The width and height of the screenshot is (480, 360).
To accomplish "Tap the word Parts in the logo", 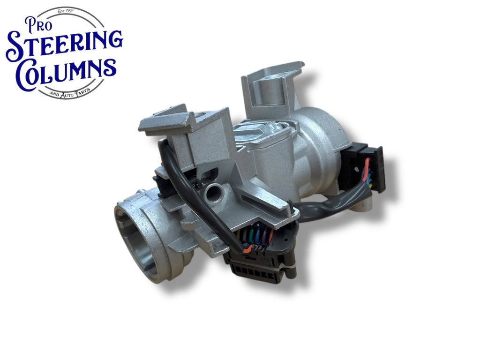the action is (82, 91).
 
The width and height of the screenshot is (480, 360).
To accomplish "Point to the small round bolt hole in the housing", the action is (213, 194).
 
